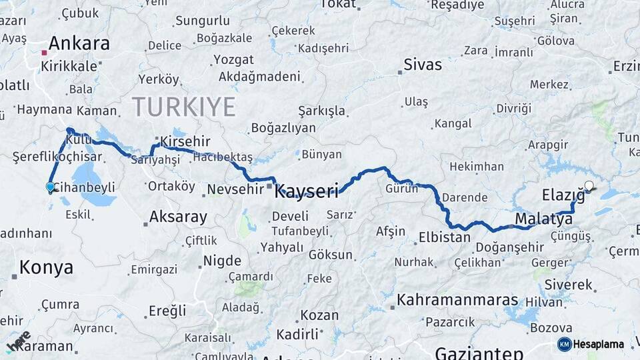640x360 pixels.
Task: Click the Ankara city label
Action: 79,44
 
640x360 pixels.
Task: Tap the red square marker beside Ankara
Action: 44,52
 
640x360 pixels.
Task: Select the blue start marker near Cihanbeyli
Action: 50,187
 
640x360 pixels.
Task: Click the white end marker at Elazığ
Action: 589,186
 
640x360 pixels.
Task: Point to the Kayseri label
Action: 307,190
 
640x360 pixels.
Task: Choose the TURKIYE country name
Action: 183,107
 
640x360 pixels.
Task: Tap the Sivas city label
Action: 423,65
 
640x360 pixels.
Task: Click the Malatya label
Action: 539,219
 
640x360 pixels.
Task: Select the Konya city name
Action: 46,268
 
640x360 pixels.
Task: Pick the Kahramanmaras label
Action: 457,300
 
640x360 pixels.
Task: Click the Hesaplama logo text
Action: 598,345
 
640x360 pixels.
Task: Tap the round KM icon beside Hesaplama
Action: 564,344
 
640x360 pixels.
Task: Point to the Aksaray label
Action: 178,217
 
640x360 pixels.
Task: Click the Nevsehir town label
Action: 235,189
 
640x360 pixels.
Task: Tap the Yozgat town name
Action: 233,60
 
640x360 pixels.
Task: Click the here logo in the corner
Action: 18,341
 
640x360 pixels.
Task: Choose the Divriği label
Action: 514,108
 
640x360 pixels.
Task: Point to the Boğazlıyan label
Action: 283,128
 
